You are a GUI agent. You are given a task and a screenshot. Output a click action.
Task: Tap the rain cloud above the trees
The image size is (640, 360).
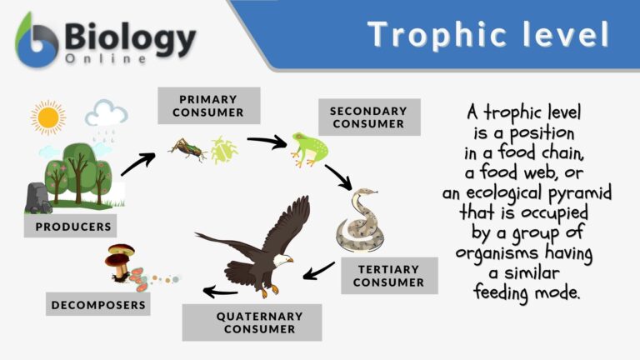tap(106, 115)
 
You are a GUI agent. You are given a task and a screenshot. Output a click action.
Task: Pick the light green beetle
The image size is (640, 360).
tap(222, 150)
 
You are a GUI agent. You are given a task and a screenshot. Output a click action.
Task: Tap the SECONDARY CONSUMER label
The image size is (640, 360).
tap(367, 117)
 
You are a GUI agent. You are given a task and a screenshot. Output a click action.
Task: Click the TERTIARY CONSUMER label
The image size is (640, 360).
tap(388, 276)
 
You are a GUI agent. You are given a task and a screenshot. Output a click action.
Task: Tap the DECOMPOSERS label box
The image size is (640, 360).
tap(98, 305)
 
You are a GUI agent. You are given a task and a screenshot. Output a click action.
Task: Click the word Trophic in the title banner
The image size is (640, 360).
tap(432, 35)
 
